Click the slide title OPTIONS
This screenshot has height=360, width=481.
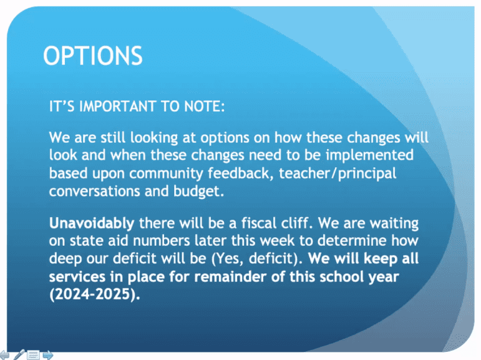(92, 56)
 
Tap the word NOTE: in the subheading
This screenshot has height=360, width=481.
(205, 107)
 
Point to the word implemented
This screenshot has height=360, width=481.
(370, 155)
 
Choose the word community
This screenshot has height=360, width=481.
(166, 173)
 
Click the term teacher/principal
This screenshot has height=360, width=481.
(338, 173)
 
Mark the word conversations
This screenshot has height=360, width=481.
(94, 191)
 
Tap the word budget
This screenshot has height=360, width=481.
(199, 192)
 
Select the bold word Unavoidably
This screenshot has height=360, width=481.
(92, 223)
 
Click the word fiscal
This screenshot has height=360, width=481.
(258, 223)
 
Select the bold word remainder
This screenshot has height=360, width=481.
(230, 276)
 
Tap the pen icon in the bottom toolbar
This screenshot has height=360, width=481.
(19, 355)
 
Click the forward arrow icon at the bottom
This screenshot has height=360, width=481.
(48, 356)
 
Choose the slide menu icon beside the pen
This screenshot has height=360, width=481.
(33, 355)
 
